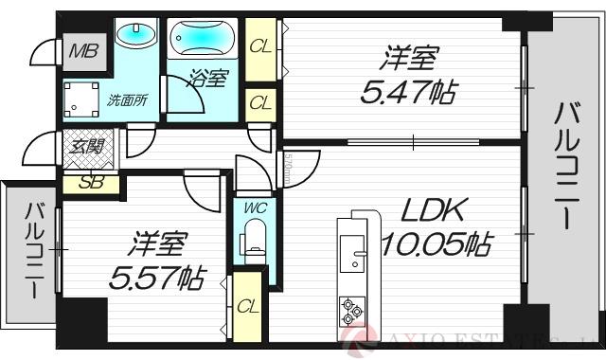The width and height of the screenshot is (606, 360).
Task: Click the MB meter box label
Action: pos(82,50)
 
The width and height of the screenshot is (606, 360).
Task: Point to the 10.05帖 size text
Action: pos(435,246)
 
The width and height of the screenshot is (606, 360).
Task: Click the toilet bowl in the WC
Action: pos(253,236)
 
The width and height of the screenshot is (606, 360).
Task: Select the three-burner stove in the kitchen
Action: pos(350,308)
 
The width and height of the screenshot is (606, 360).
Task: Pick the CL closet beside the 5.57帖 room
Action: pos(248,306)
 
